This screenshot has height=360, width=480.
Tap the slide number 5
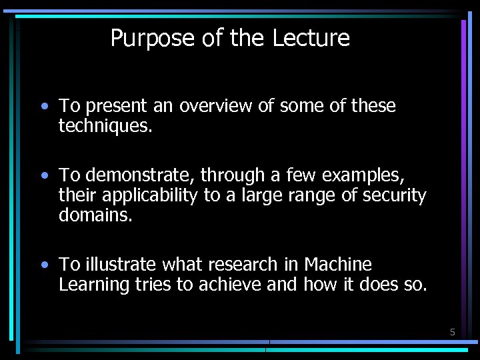coord(452,331)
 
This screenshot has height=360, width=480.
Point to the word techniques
coord(105,125)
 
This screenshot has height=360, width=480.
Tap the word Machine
coord(338,265)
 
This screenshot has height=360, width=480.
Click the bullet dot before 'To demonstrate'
coord(43,176)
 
